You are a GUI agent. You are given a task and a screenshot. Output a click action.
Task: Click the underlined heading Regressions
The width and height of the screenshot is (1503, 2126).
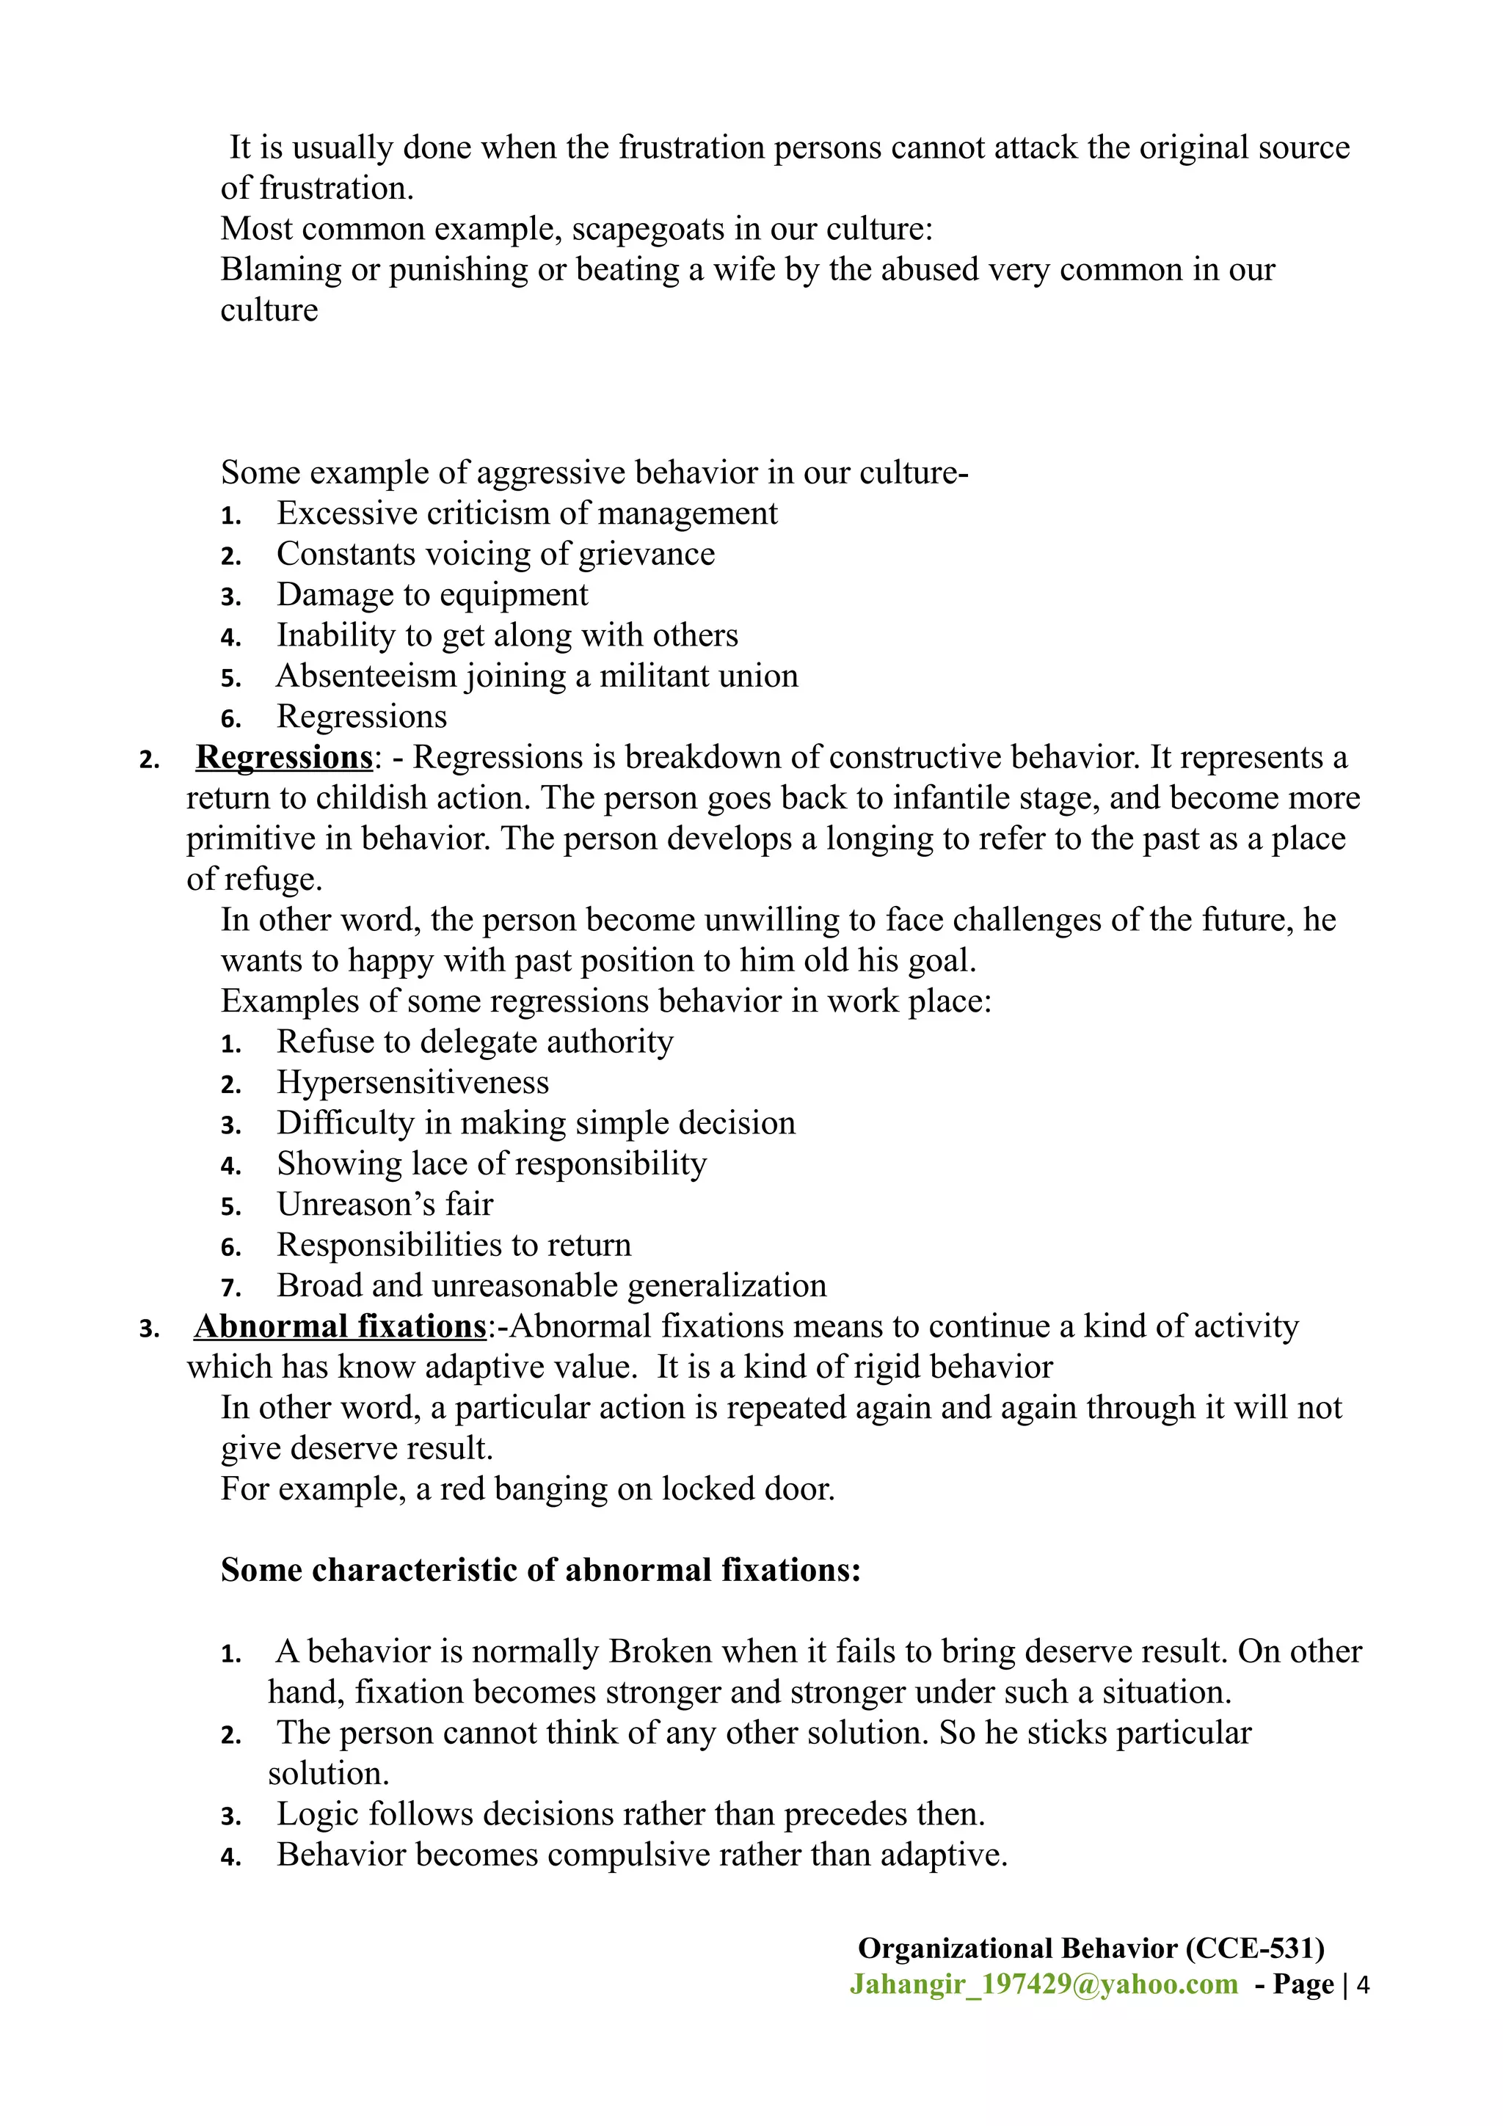(283, 757)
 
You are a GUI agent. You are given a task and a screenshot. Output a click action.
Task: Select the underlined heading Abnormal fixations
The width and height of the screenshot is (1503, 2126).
(339, 1326)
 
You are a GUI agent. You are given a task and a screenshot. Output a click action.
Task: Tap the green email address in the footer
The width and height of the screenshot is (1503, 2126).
(1044, 1984)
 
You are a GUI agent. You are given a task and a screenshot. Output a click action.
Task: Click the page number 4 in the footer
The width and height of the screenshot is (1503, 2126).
(1362, 1984)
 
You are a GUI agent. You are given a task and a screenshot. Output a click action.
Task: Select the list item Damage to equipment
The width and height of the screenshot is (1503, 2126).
(432, 594)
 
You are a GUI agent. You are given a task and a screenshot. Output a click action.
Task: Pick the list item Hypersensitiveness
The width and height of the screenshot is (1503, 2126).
(412, 1083)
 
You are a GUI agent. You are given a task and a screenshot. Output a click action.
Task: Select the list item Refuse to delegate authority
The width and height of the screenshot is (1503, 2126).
(474, 1042)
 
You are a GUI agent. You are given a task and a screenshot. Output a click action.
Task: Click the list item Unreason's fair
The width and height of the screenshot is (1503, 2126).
(385, 1205)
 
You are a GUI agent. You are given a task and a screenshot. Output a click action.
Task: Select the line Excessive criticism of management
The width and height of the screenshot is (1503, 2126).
(527, 513)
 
